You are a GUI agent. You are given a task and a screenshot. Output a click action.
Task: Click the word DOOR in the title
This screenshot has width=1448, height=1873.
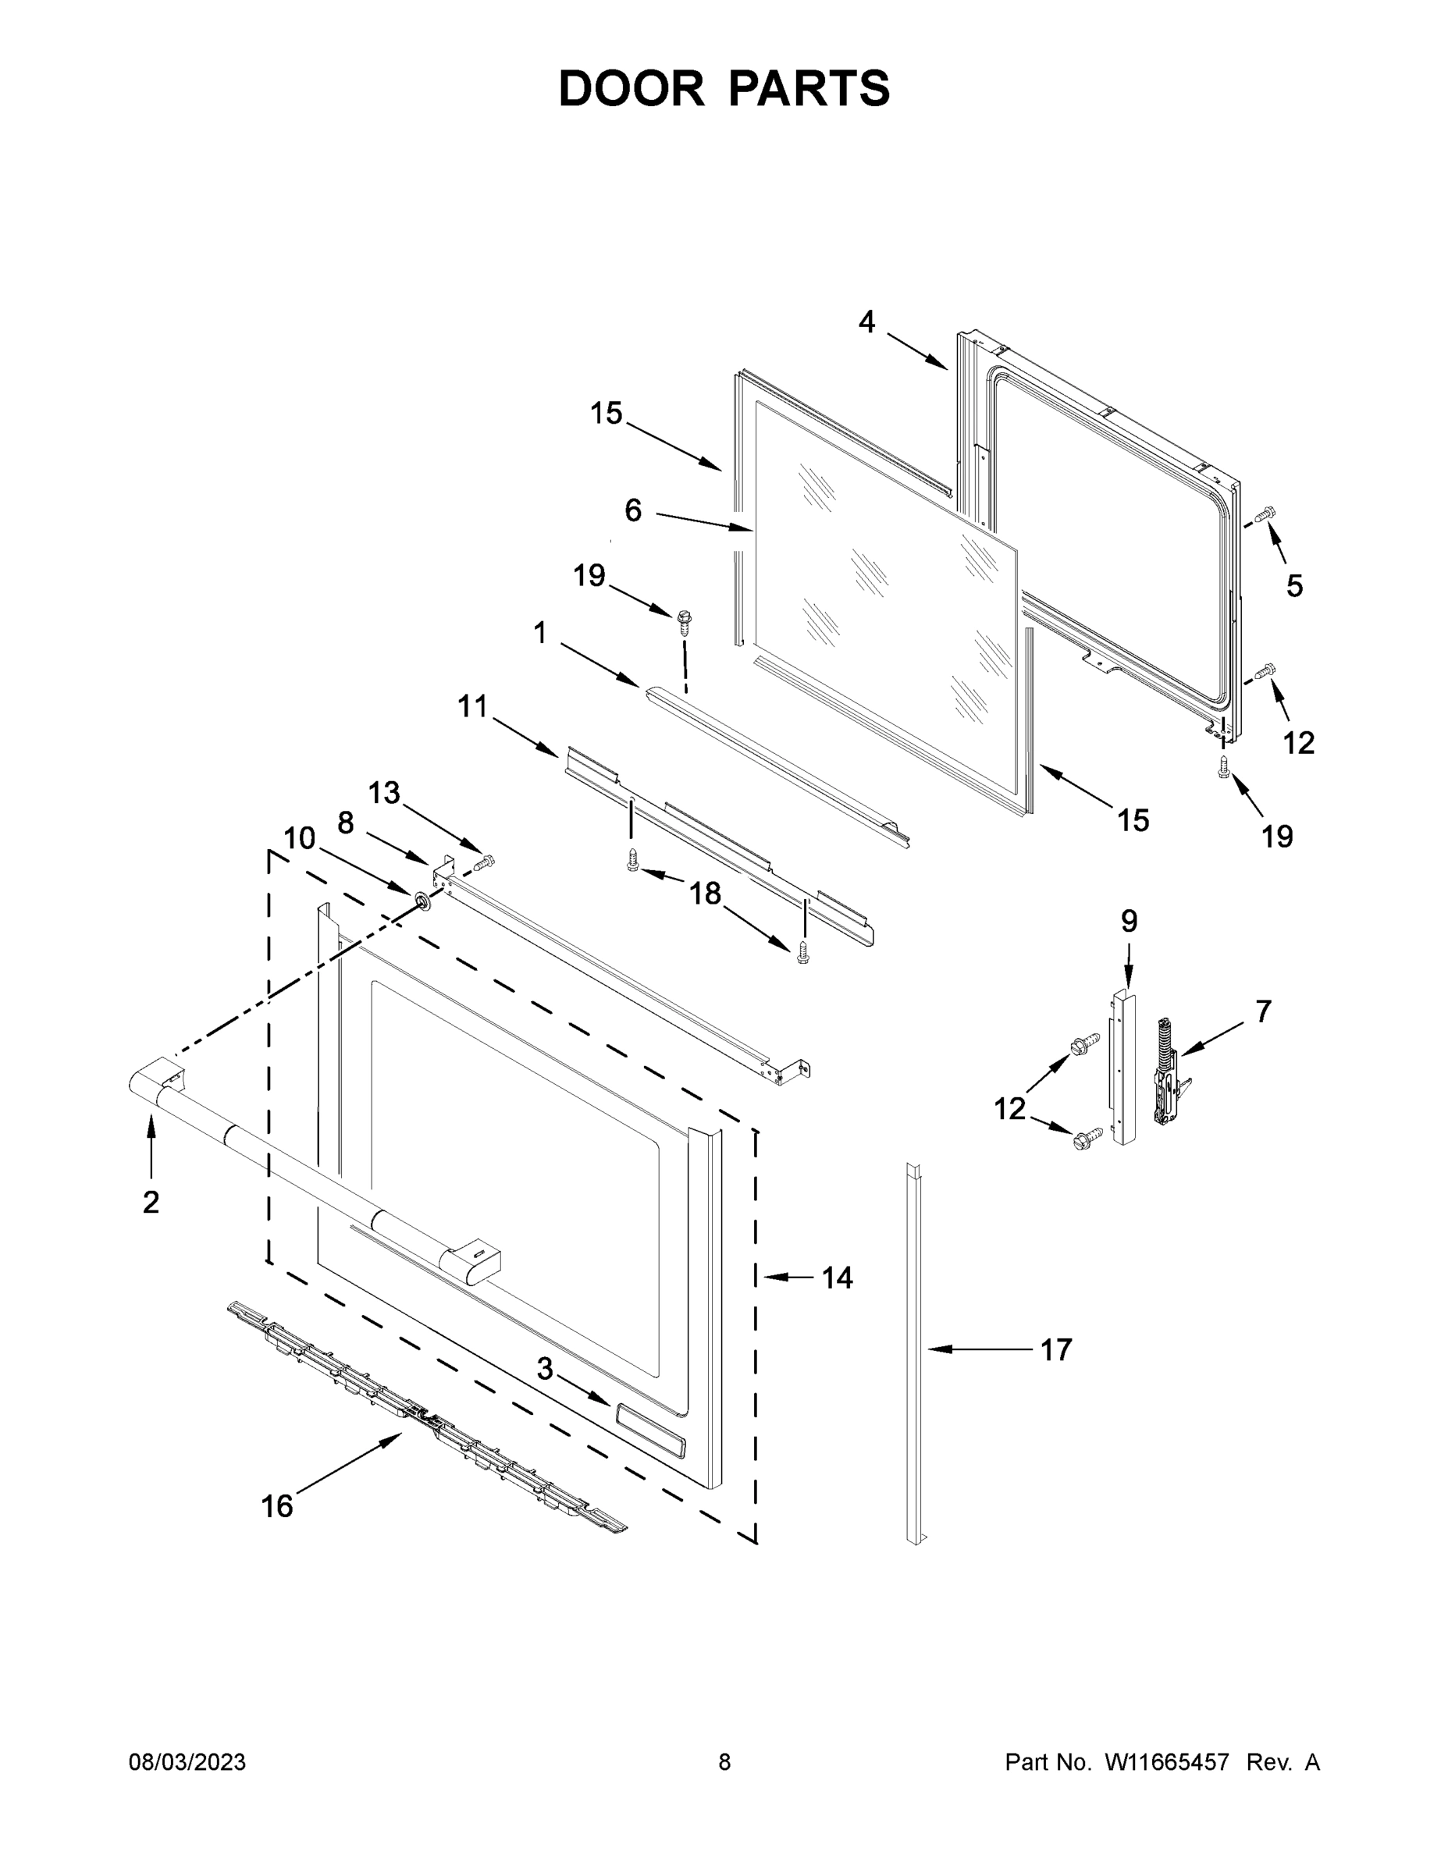click(631, 89)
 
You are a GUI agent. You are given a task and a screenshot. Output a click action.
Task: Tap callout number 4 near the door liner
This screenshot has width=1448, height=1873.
click(866, 322)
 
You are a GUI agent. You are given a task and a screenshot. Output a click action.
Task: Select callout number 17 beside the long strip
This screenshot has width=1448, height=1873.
click(1056, 1350)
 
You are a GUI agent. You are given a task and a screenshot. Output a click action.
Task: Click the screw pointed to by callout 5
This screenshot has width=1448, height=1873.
click(1264, 515)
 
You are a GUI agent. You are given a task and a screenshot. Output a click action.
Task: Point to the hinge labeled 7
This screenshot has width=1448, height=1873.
click(1169, 1072)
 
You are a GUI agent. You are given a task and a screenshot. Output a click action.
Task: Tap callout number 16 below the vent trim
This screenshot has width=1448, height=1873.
click(276, 1506)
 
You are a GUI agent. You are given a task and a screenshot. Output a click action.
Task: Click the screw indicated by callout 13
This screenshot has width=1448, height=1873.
click(486, 861)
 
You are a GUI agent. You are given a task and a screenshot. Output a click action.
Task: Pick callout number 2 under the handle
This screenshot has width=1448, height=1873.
click(151, 1203)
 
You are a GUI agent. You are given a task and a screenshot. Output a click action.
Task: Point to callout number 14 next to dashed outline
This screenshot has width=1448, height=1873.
click(838, 1278)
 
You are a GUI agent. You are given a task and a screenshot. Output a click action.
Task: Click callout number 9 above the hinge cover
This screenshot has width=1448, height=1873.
click(1129, 922)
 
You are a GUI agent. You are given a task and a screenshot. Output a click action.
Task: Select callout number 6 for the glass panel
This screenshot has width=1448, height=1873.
click(632, 511)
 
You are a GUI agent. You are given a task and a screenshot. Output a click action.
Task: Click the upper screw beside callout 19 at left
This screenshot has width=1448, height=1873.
click(685, 620)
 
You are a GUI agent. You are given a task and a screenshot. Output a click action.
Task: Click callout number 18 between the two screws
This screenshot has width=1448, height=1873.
click(705, 894)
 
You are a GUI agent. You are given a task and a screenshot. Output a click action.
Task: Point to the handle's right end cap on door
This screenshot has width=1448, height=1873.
click(471, 1269)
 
